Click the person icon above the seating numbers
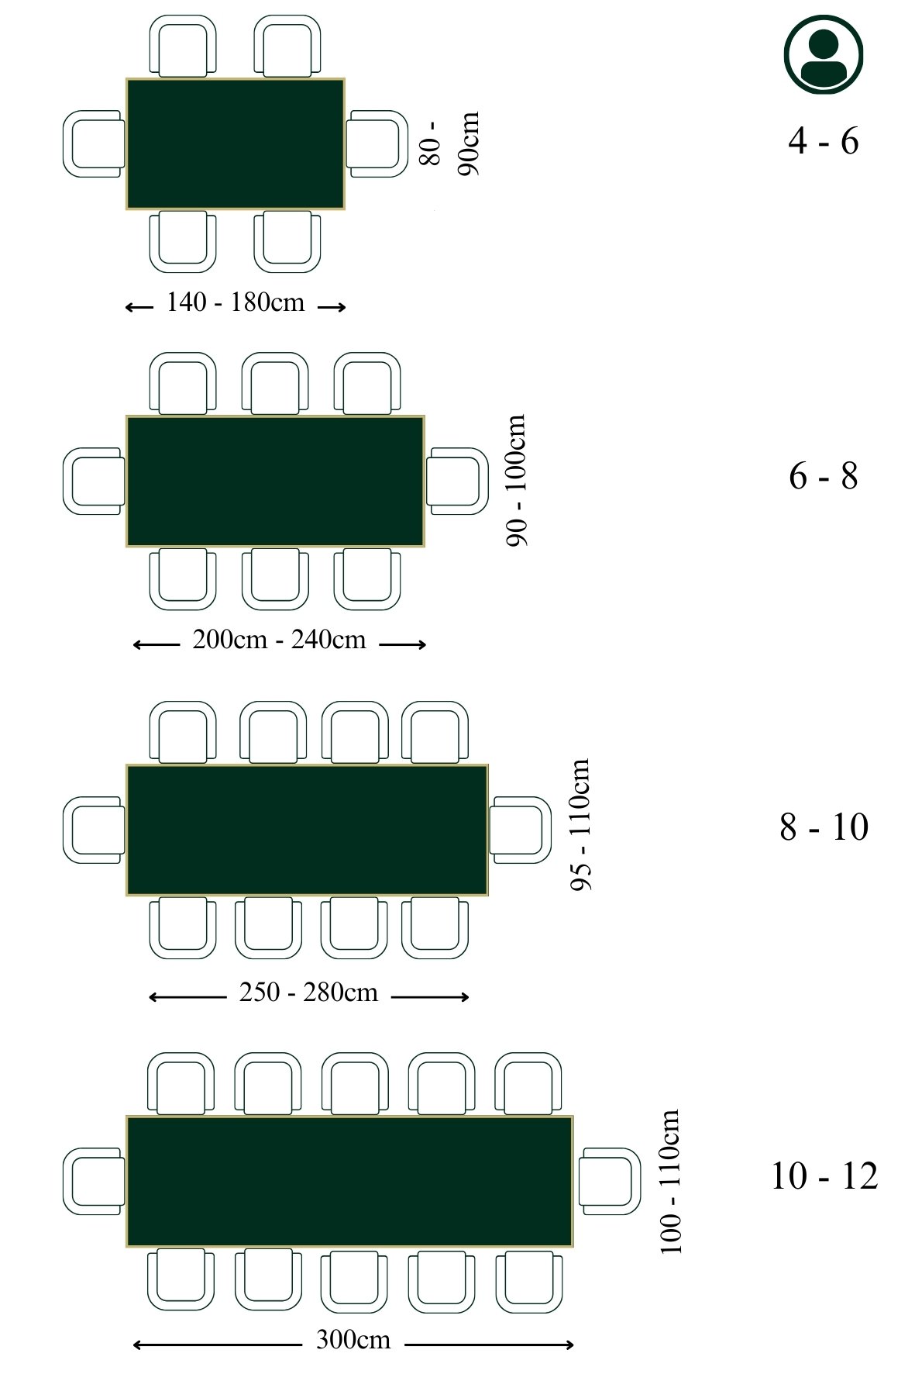click(x=823, y=54)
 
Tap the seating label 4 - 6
click(x=823, y=141)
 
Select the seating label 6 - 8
click(x=823, y=476)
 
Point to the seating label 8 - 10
click(x=823, y=827)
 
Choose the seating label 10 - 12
click(x=824, y=1176)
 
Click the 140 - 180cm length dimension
click(x=236, y=302)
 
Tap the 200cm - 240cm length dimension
click(x=279, y=640)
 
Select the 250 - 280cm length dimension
click(x=308, y=993)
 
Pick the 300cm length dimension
click(x=353, y=1340)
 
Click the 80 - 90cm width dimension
click(x=449, y=143)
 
